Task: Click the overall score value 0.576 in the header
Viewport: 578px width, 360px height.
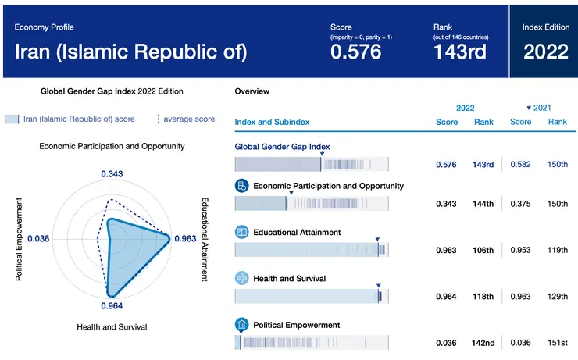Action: click(355, 52)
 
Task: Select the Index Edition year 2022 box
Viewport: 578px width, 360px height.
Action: click(546, 52)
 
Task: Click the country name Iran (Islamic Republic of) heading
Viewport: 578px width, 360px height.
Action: click(132, 52)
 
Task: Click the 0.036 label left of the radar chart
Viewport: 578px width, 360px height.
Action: click(38, 239)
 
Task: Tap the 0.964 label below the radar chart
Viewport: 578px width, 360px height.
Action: click(111, 306)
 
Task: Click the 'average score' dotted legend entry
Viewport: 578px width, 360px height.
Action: click(187, 119)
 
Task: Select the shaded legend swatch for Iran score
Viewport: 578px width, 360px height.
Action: click(12, 119)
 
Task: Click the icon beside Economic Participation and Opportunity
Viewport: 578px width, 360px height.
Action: click(242, 186)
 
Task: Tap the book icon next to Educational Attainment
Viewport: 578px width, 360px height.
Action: click(242, 233)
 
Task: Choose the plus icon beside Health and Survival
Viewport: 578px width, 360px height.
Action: click(242, 279)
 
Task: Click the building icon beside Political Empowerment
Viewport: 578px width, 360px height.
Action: click(242, 325)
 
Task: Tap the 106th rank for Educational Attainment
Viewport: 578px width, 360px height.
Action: click(483, 251)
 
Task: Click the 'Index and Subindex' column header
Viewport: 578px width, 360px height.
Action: click(272, 122)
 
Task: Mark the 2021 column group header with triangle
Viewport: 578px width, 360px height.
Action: click(539, 107)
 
